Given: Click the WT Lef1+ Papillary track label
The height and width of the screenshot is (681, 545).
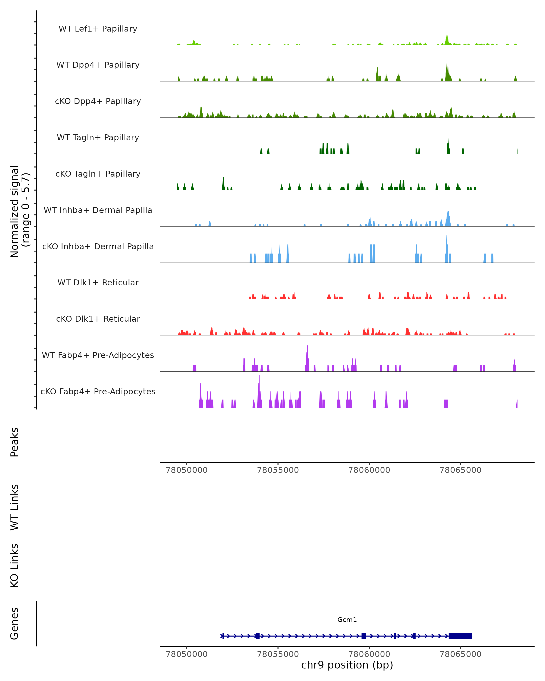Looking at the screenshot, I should (98, 29).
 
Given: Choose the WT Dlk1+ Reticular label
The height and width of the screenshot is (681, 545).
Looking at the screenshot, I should (98, 282).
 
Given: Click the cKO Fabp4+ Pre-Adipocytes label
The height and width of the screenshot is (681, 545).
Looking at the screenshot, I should (98, 391).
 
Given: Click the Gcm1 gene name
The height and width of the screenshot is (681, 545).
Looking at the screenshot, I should (347, 620).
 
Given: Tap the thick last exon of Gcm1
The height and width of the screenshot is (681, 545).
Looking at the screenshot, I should (460, 636).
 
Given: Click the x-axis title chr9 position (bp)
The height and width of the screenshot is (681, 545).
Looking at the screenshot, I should (347, 665).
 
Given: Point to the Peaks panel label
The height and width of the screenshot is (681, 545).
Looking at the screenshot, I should (15, 442).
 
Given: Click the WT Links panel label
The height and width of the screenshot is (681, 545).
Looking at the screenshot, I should (15, 507).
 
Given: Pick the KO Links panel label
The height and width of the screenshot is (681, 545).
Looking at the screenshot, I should (15, 565).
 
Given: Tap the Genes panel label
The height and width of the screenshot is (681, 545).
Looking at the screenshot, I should (15, 624).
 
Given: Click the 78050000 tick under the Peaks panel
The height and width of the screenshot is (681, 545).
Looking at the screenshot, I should (186, 470).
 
